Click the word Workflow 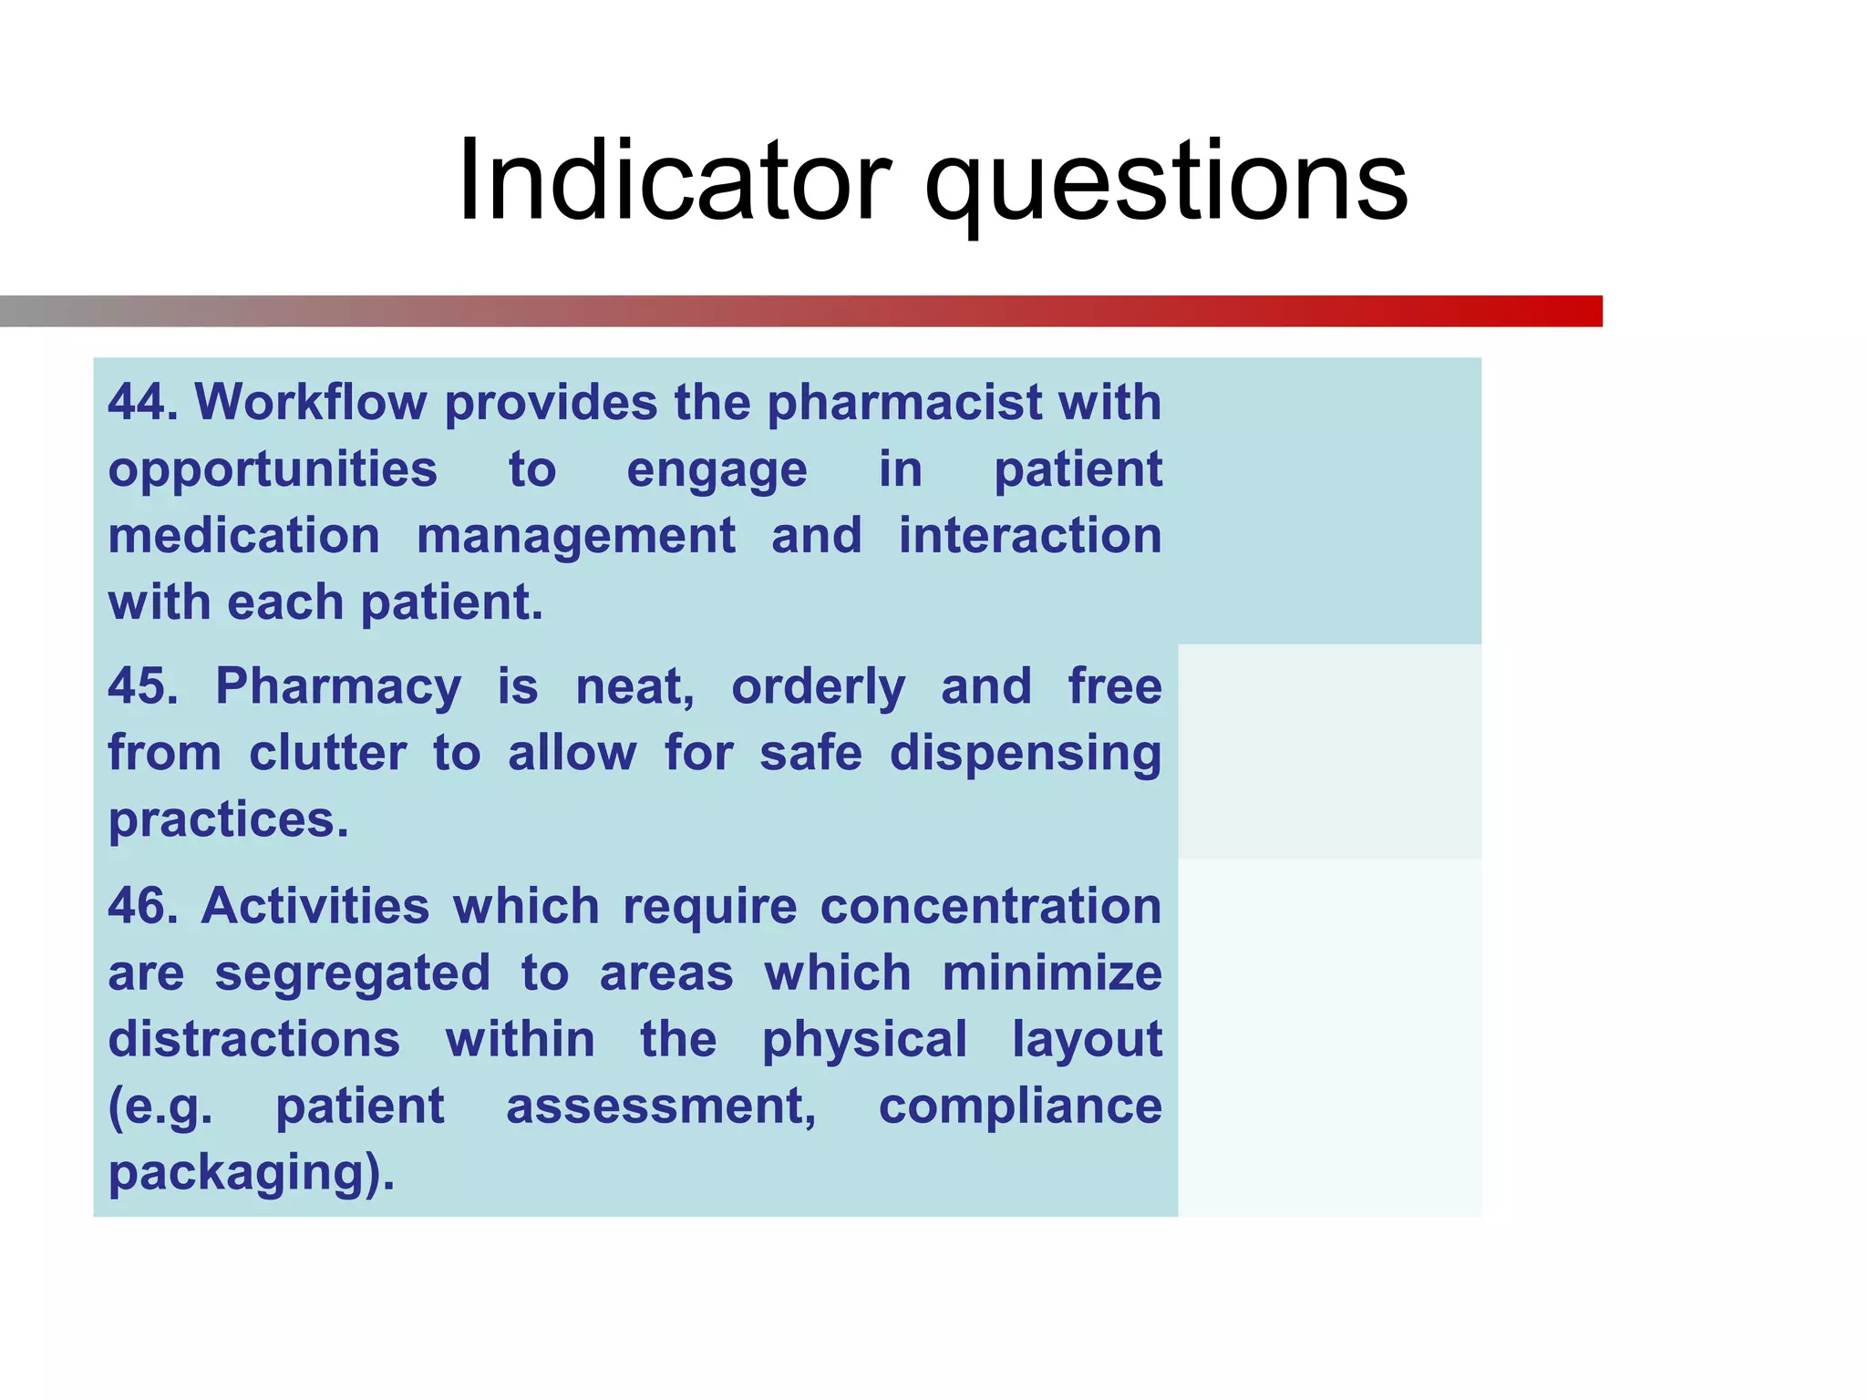click(x=311, y=402)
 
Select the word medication click(x=243, y=536)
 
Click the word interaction click(x=1030, y=536)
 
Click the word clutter click(x=327, y=754)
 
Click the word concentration click(x=991, y=907)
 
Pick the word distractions click(x=254, y=1040)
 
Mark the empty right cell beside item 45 click(x=1329, y=752)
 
